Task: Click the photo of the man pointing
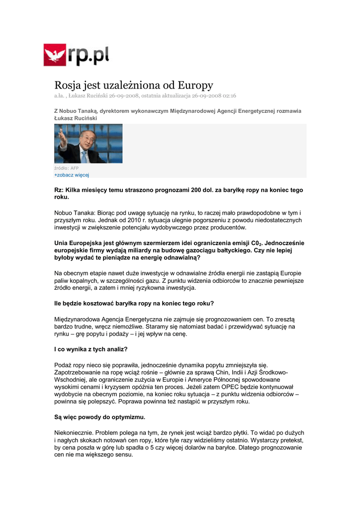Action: tap(88, 144)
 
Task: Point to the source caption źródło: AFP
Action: tap(66, 169)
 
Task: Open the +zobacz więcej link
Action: tap(72, 175)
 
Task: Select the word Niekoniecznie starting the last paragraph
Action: tap(73, 432)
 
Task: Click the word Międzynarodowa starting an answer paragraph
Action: tap(80, 319)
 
